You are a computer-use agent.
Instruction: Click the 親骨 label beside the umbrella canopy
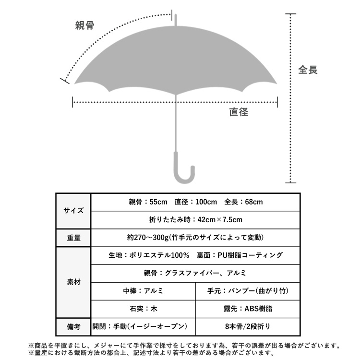point(84,25)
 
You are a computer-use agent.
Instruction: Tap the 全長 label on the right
point(308,70)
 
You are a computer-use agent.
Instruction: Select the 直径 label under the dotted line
point(239,112)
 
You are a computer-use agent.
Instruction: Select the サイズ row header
point(73,211)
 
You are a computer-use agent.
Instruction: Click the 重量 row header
point(73,238)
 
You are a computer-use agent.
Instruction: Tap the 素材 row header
point(73,282)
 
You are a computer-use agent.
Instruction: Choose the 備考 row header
point(73,326)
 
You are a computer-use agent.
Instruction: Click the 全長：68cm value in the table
point(243,202)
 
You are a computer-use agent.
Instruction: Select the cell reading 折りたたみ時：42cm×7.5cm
point(196,220)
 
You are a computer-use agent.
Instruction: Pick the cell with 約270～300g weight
point(196,238)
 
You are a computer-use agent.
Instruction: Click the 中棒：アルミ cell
point(143,291)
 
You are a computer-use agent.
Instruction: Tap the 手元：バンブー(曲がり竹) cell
point(248,291)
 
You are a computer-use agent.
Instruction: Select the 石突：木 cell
point(143,309)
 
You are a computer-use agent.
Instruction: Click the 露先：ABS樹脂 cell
point(248,309)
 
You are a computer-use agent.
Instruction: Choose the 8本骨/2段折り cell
point(248,326)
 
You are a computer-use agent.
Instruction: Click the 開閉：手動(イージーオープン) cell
point(143,326)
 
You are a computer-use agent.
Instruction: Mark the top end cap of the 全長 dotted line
point(291,14)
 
